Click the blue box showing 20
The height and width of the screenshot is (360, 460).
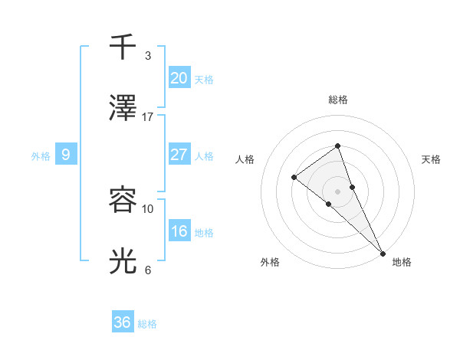pyautogui.click(x=179, y=77)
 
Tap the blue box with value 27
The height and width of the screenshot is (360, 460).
pyautogui.click(x=179, y=154)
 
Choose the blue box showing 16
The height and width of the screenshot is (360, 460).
pyautogui.click(x=179, y=231)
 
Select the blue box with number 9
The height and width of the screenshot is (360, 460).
pyautogui.click(x=66, y=155)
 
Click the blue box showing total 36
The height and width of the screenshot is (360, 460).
pyautogui.click(x=123, y=322)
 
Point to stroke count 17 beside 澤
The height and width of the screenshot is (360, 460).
pyautogui.click(x=148, y=116)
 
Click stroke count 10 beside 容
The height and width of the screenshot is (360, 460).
pyautogui.click(x=148, y=208)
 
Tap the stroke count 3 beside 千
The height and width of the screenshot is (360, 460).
pyautogui.click(x=148, y=55)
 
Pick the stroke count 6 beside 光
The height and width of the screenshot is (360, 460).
pyautogui.click(x=148, y=270)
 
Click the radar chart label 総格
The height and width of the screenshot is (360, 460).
pyautogui.click(x=337, y=100)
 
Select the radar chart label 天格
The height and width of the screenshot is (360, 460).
pyautogui.click(x=431, y=159)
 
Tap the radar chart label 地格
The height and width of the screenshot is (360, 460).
pyautogui.click(x=402, y=262)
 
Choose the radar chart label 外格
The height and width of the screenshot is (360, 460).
pyautogui.click(x=270, y=262)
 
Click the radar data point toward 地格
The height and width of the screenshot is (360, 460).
pyautogui.click(x=383, y=253)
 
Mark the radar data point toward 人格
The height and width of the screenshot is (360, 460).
pyautogui.click(x=294, y=178)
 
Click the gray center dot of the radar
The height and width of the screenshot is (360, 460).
pyautogui.click(x=337, y=191)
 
